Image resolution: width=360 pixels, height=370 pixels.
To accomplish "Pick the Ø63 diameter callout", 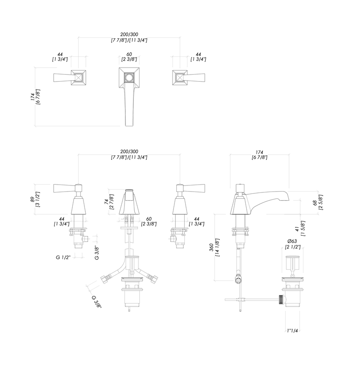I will point(292,241).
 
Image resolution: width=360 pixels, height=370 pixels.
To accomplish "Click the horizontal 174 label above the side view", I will point(260,152).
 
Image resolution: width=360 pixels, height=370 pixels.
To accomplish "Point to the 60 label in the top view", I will point(129,54).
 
